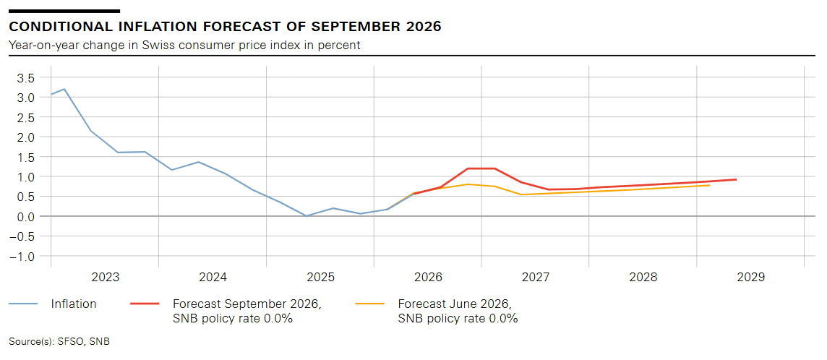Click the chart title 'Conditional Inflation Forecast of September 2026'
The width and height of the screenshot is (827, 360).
pos(226,26)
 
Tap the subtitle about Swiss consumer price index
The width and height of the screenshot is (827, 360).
pos(184,46)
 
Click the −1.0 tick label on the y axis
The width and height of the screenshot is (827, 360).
pos(23,256)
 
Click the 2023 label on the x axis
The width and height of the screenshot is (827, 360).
pos(105,278)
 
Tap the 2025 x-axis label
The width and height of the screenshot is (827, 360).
pos(320,278)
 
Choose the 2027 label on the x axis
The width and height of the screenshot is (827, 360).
pos(536,278)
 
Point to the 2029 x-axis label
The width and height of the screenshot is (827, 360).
pos(750,278)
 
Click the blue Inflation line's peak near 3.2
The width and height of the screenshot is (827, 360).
pos(64,89)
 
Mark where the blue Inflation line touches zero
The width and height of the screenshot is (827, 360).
pos(307,215)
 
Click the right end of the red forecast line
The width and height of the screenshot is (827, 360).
pos(737,179)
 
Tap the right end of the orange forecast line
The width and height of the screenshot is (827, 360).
pos(709,185)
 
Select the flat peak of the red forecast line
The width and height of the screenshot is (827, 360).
pos(481,168)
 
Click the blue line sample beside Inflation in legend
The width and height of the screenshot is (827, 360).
pos(23,304)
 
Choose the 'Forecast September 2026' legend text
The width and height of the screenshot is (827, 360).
pos(247,304)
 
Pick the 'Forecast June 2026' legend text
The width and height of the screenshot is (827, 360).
pos(455,304)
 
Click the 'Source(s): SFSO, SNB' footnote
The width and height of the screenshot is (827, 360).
pos(59,341)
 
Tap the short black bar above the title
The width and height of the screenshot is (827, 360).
pos(64,11)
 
